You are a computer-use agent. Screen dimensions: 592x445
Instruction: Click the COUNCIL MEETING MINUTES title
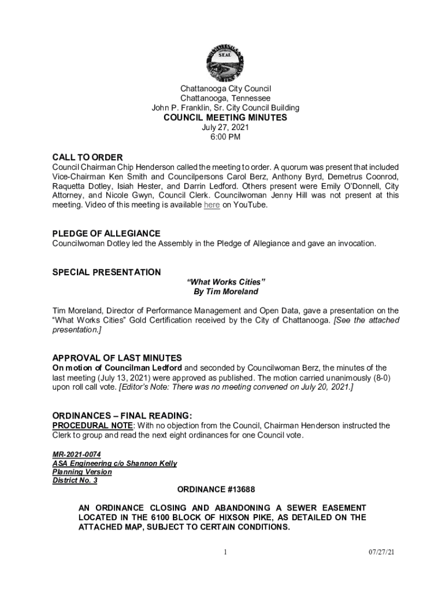tap(225, 117)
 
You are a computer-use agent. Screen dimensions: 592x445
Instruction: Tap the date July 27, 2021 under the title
tap(225, 127)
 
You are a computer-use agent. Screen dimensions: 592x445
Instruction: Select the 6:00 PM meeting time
tap(225, 137)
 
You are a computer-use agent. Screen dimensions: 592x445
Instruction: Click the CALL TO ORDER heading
tap(87, 157)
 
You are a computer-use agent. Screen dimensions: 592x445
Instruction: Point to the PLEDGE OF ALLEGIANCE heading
tap(106, 234)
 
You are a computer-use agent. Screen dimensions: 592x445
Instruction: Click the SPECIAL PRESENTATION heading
tap(106, 272)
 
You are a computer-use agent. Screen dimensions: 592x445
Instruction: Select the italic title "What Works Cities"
tap(225, 282)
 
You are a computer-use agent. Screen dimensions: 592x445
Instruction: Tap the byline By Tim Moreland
tap(225, 291)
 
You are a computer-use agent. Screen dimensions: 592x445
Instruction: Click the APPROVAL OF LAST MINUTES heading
tap(117, 358)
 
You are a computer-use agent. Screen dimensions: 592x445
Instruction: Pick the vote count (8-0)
tap(378, 378)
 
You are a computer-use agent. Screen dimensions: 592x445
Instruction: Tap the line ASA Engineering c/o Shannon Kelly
tap(114, 464)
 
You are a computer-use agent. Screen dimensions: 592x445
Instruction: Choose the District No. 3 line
tap(75, 480)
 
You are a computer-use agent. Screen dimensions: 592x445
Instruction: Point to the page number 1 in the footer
tap(225, 553)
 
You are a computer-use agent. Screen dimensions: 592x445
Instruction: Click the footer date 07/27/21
tap(382, 553)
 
